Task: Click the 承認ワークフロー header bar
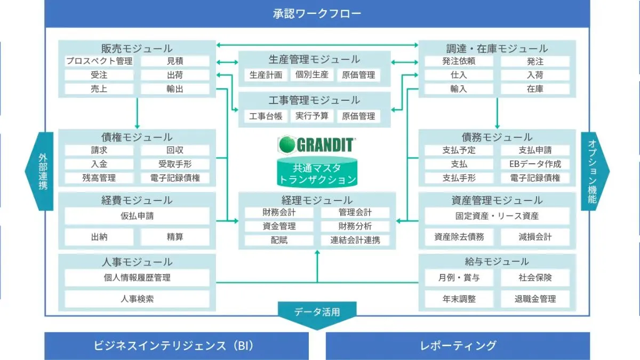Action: pyautogui.click(x=317, y=13)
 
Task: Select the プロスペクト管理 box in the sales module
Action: pyautogui.click(x=99, y=61)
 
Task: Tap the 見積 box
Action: pyautogui.click(x=175, y=61)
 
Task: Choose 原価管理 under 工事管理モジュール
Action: pyautogui.click(x=358, y=116)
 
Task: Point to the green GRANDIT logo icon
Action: pyautogui.click(x=286, y=144)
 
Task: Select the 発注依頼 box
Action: pyautogui.click(x=459, y=61)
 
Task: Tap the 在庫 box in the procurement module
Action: pyautogui.click(x=535, y=89)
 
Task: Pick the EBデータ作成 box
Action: pyautogui.click(x=535, y=164)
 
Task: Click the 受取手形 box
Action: pyautogui.click(x=175, y=164)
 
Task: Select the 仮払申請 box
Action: pyautogui.click(x=137, y=217)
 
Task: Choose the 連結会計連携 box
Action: pyautogui.click(x=355, y=240)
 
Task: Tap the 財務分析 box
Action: pyautogui.click(x=355, y=226)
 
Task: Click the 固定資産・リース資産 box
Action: pyautogui.click(x=497, y=217)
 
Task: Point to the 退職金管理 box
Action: pyautogui.click(x=535, y=299)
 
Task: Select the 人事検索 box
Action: pyautogui.click(x=137, y=299)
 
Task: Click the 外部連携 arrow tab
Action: pyautogui.click(x=42, y=172)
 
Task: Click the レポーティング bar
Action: pyautogui.click(x=458, y=346)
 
